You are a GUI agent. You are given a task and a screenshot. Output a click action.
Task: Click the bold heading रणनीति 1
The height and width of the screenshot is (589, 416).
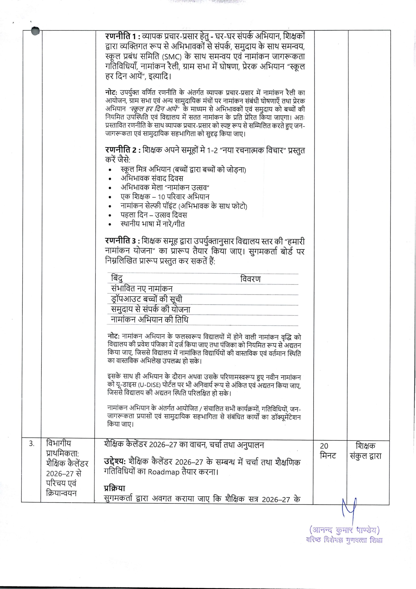pos(121,37)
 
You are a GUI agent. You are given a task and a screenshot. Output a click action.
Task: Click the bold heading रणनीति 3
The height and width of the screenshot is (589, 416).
pos(121,242)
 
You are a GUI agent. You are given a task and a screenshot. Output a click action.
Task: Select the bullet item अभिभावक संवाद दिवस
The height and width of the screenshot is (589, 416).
pos(152,179)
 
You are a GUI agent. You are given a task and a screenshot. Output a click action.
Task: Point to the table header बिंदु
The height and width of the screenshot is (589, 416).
pos(117,279)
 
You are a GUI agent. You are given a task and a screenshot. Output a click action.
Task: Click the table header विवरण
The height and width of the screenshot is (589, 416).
pos(250,279)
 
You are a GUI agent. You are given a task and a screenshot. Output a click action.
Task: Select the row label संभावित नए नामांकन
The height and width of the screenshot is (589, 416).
pos(141,289)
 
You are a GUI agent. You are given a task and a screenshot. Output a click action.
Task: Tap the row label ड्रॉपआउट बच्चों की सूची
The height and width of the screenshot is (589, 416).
pos(147,299)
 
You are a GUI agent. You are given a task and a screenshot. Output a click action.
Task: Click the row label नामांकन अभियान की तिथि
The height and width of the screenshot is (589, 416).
pos(150,320)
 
